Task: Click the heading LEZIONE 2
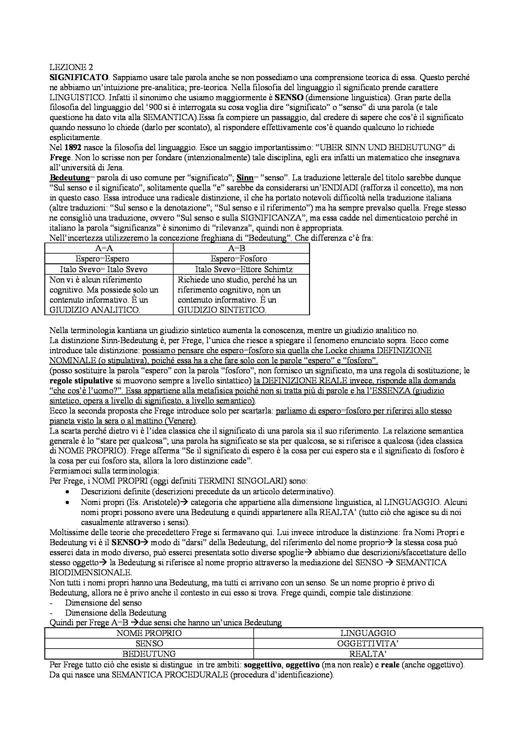[68, 67]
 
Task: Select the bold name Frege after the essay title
[58, 158]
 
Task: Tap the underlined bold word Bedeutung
[69, 178]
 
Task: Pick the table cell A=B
[237, 249]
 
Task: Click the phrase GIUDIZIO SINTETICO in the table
[222, 310]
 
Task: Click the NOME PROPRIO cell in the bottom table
[149, 633]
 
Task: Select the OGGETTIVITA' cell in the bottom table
[368, 644]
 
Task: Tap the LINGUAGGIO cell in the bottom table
[368, 633]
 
